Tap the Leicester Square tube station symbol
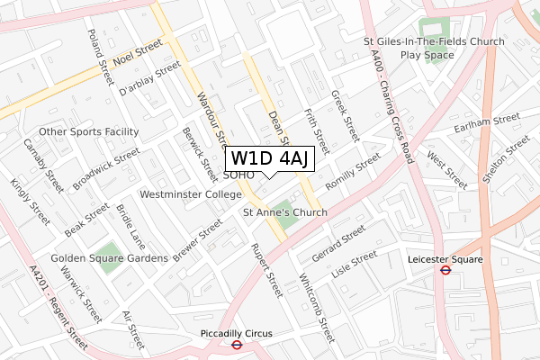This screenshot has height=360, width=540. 444,268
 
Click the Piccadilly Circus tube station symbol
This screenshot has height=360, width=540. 236,343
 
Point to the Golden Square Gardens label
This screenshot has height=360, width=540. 109,258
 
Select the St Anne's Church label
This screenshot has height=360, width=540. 285,212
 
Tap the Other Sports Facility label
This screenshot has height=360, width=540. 88,131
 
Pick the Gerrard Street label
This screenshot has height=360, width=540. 337,243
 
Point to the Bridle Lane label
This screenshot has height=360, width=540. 130,227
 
